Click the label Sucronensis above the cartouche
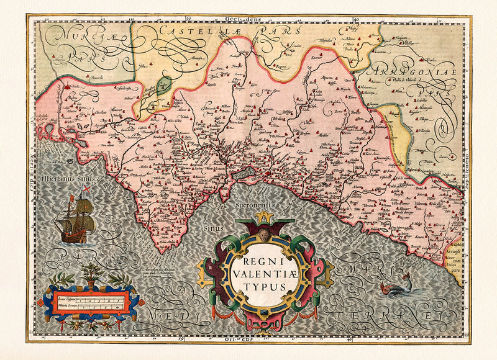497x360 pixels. tap(258, 202)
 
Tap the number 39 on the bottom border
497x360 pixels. tap(180, 339)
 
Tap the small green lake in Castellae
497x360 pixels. tap(163, 86)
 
